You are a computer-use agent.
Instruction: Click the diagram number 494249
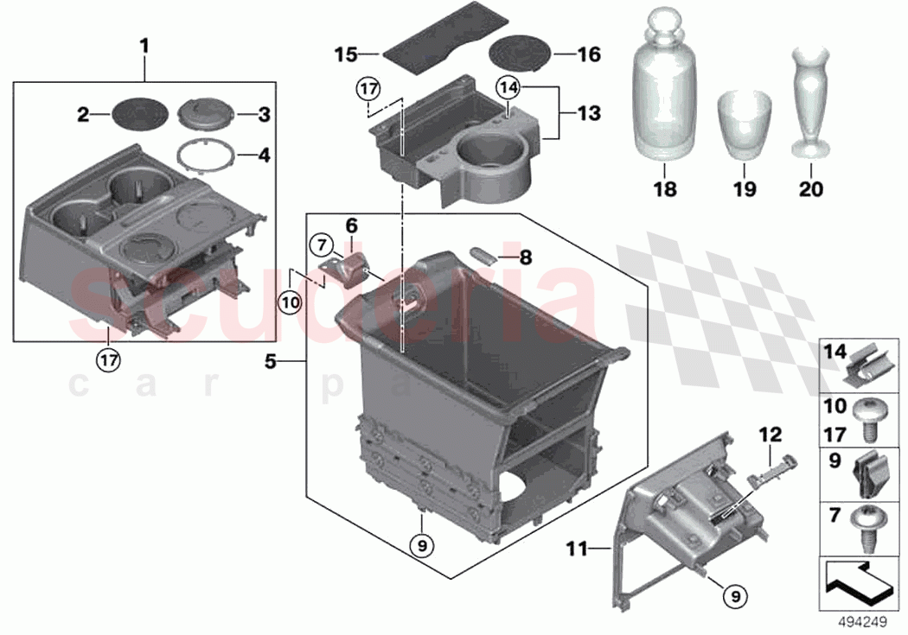pyautogui.click(x=861, y=619)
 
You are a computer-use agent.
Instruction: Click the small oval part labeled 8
pyautogui.click(x=482, y=255)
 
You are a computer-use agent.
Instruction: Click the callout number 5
pyautogui.click(x=271, y=362)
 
